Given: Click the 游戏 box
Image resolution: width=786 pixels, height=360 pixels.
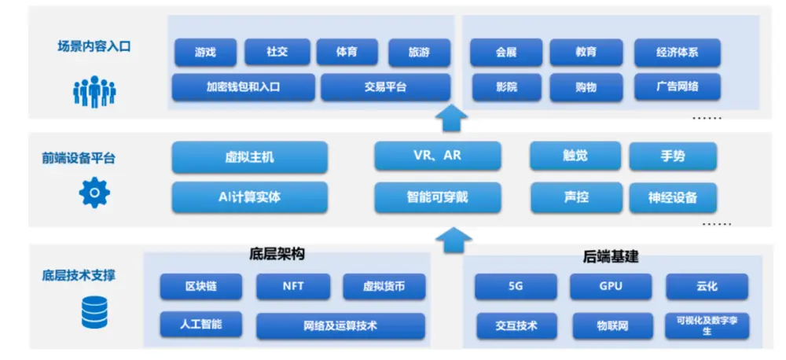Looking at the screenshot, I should [206, 53].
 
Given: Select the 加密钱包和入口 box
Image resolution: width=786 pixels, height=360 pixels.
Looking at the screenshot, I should [243, 87].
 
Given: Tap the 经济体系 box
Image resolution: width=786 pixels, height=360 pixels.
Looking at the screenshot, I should [677, 53].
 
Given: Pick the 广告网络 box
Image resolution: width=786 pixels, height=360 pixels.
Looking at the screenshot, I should [677, 87].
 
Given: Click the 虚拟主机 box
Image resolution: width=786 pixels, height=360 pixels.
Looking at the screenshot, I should [249, 156].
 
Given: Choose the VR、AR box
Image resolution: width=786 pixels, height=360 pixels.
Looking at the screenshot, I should [437, 156].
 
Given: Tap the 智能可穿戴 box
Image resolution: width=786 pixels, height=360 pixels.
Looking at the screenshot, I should [437, 197].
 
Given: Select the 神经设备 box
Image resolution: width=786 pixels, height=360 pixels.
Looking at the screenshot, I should [673, 197].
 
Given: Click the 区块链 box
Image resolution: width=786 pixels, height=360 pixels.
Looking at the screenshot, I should [200, 287].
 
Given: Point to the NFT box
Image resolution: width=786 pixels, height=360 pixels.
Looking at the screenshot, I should [292, 287].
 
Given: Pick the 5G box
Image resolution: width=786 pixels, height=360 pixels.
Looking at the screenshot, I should [516, 287].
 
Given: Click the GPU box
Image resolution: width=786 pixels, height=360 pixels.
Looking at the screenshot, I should [610, 287].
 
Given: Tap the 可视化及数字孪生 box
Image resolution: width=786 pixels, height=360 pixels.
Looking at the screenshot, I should [706, 325].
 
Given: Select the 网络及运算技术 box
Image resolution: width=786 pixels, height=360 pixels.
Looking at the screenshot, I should [340, 325].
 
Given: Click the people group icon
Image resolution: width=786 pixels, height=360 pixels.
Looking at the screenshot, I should [94, 91].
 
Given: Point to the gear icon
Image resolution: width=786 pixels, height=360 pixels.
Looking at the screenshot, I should [94, 193].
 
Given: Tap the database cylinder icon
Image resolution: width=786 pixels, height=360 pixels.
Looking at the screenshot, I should [94, 313].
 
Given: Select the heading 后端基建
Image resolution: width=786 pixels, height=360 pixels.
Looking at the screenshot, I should [611, 256].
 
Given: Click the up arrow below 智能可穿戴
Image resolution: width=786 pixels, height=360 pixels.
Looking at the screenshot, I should [452, 238].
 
